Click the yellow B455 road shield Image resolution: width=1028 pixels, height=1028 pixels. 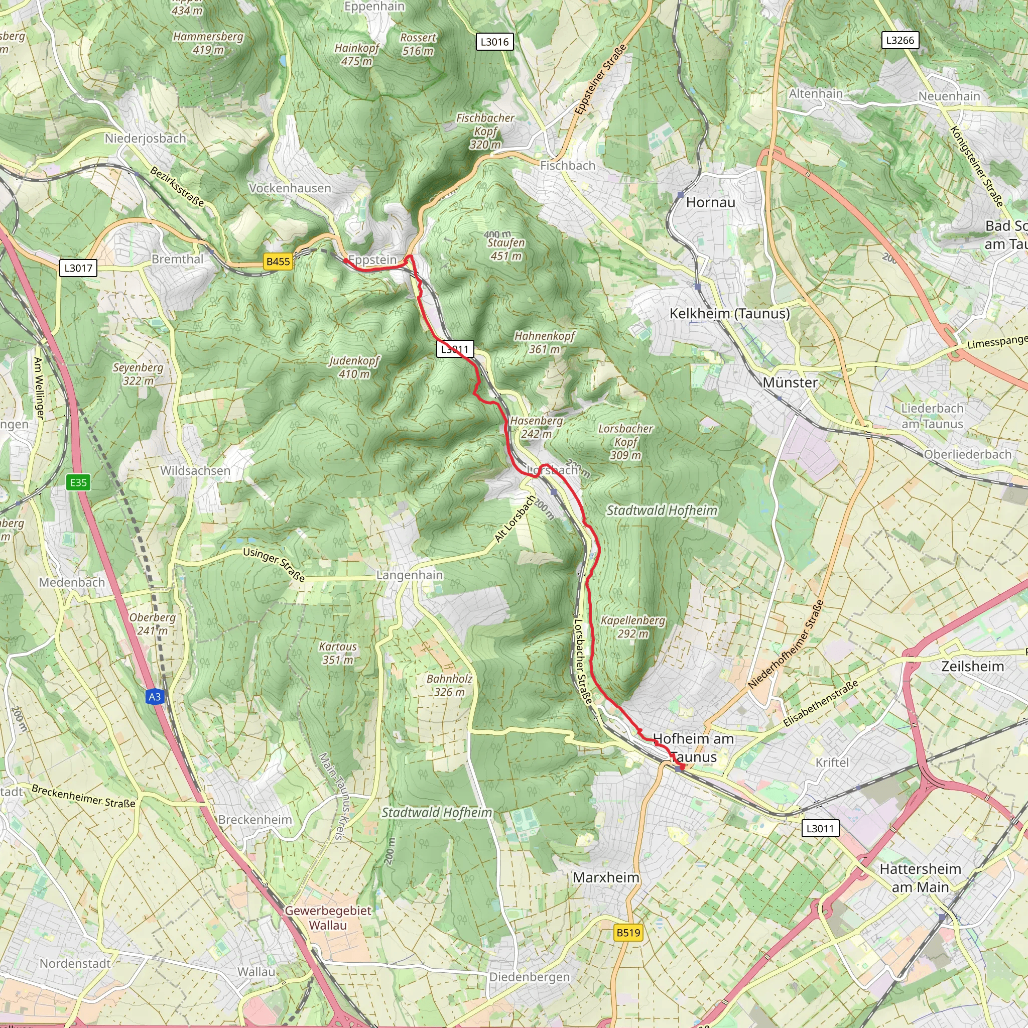[278, 261]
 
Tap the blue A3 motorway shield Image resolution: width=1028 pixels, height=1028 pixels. [154, 697]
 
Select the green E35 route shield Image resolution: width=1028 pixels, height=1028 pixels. [78, 482]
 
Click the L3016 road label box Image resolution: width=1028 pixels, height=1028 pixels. [494, 42]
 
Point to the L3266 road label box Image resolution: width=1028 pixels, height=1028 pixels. [900, 40]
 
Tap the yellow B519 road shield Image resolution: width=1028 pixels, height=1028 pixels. [628, 932]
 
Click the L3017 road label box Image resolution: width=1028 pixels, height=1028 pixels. [78, 268]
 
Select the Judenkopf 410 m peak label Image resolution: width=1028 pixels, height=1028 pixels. [354, 367]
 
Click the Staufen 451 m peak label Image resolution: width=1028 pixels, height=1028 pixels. [505, 248]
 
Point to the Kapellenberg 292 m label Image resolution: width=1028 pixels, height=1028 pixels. [632, 627]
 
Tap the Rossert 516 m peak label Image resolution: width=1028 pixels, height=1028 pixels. [418, 44]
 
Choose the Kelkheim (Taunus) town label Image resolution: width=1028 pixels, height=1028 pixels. [729, 313]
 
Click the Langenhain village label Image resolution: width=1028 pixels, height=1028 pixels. [409, 575]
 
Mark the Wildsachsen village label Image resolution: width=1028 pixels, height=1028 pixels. [195, 470]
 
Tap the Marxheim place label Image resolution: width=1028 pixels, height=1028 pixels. [606, 877]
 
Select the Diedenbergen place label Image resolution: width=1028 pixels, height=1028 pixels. [530, 977]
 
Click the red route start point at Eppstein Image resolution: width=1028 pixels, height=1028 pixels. [345, 261]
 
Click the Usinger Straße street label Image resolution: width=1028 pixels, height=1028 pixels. [274, 565]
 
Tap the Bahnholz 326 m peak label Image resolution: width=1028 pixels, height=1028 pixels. [449, 685]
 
